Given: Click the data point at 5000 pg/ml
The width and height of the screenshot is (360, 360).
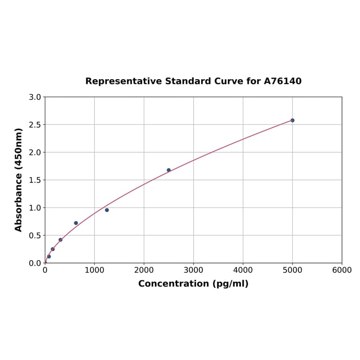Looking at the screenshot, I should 292,120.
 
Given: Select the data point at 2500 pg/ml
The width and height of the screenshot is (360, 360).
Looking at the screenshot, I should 169,170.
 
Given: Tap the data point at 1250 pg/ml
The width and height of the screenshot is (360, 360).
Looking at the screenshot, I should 107,210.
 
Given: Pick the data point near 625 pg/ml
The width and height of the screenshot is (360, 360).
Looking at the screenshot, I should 76,223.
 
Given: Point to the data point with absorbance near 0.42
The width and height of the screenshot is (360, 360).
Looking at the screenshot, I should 60,240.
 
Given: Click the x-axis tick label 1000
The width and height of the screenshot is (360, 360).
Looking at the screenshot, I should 94,270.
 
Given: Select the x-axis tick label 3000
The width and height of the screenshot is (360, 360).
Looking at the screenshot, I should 193,270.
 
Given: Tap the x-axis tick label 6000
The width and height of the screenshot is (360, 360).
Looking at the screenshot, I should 342,270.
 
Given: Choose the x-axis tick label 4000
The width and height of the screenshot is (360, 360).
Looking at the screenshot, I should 243,270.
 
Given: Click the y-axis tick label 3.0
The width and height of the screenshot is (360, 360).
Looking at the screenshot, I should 35,97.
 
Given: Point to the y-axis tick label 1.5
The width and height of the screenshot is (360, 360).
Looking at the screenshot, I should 35,180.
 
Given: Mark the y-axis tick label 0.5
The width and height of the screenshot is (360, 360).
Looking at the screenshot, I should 35,235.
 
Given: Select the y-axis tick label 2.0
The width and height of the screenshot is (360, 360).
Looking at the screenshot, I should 35,152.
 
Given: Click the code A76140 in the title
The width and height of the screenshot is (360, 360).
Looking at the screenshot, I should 282,81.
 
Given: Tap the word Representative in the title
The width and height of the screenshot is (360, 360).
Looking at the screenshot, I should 123,81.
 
